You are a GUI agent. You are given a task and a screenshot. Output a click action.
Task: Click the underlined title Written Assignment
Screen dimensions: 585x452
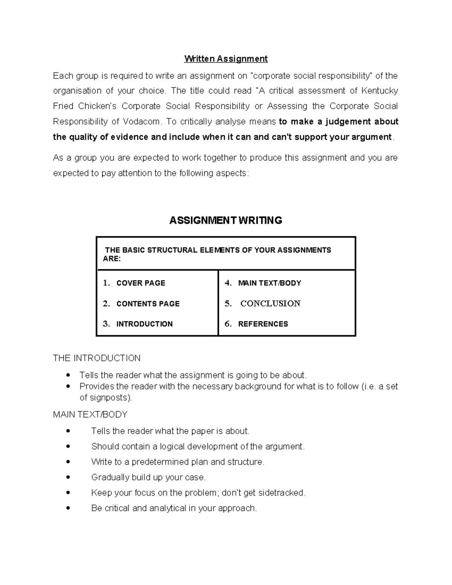(x=226, y=59)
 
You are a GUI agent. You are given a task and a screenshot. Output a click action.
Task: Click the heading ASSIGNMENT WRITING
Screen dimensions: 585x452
(x=226, y=220)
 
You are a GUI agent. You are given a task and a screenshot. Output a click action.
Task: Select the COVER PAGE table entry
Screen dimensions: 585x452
(x=140, y=283)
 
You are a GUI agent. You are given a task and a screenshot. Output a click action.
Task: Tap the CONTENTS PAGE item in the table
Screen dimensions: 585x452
(x=148, y=304)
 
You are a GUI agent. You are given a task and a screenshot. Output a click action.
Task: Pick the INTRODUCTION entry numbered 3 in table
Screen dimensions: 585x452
(x=144, y=324)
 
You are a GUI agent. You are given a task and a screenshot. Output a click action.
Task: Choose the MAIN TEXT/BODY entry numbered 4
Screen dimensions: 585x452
(x=269, y=283)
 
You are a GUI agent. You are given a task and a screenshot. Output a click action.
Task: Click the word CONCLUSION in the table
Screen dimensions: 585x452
(x=270, y=304)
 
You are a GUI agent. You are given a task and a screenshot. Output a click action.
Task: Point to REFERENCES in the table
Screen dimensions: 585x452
(x=263, y=324)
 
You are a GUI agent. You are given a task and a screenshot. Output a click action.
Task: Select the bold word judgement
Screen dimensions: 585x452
(x=348, y=122)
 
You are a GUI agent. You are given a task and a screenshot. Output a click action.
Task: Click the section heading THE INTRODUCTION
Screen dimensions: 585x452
(x=96, y=358)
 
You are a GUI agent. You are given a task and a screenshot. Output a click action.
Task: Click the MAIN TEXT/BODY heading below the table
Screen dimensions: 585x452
(x=90, y=415)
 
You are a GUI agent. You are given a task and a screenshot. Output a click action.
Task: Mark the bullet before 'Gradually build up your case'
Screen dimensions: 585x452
(x=68, y=478)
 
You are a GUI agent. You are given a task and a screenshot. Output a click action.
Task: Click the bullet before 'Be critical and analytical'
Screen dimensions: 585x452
(x=68, y=509)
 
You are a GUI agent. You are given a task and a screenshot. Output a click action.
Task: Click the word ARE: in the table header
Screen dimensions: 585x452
(x=111, y=259)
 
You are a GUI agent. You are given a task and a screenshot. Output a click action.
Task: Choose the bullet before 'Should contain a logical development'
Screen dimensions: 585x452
(x=68, y=447)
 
